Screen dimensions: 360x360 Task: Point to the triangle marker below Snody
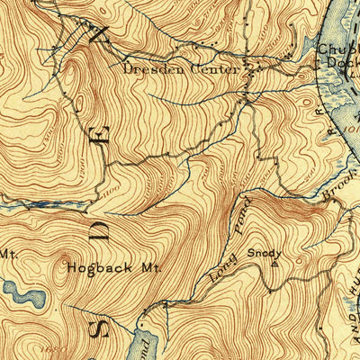pyautogui.click(x=261, y=263)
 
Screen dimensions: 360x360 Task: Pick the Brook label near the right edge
pyautogui.click(x=338, y=192)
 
